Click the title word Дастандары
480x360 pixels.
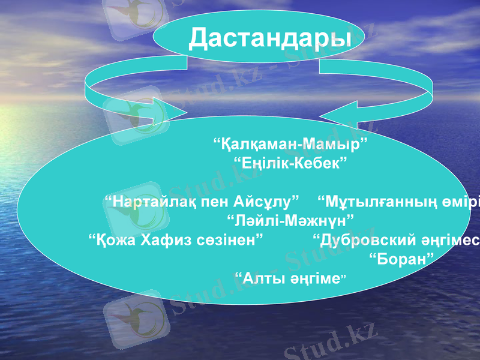tap(269, 38)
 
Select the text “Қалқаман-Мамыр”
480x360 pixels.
tap(290, 145)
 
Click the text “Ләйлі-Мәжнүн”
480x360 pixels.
tap(290, 218)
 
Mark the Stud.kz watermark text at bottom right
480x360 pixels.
tap(330, 342)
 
